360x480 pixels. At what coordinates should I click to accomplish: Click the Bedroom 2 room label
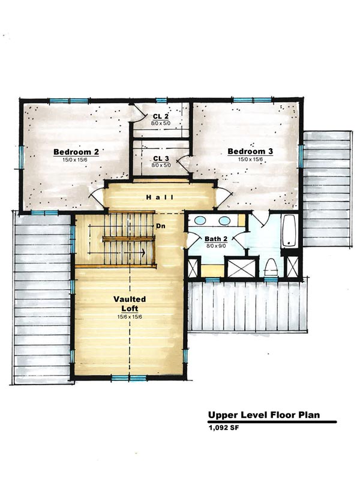pyautogui.click(x=76, y=152)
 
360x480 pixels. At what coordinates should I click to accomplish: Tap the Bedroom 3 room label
pyautogui.click(x=250, y=151)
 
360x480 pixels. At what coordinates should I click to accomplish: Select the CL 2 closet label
pyautogui.click(x=161, y=116)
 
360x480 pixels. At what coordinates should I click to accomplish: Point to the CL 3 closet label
pyautogui.click(x=161, y=158)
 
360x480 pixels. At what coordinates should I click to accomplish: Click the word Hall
pyautogui.click(x=160, y=197)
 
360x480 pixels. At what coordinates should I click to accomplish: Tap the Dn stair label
pyautogui.click(x=161, y=226)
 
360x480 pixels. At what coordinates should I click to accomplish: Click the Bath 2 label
pyautogui.click(x=216, y=239)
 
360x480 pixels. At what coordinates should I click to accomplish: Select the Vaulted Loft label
pyautogui.click(x=130, y=304)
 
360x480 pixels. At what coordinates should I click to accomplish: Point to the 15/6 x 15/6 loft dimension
pyautogui.click(x=130, y=317)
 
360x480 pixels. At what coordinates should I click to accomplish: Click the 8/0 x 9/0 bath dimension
pyautogui.click(x=216, y=245)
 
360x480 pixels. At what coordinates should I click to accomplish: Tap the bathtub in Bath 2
pyautogui.click(x=289, y=230)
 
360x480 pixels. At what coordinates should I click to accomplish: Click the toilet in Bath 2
pyautogui.click(x=271, y=267)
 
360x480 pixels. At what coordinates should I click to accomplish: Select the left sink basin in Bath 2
pyautogui.click(x=200, y=220)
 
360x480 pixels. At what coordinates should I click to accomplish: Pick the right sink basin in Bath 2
pyautogui.click(x=224, y=220)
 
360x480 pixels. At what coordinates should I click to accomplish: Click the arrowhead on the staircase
pyautogui.click(x=142, y=253)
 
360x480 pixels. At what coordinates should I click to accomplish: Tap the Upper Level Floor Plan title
pyautogui.click(x=264, y=415)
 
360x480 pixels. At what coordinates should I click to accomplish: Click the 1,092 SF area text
pyautogui.click(x=223, y=428)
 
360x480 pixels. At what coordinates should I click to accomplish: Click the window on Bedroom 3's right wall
pyautogui.click(x=301, y=156)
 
